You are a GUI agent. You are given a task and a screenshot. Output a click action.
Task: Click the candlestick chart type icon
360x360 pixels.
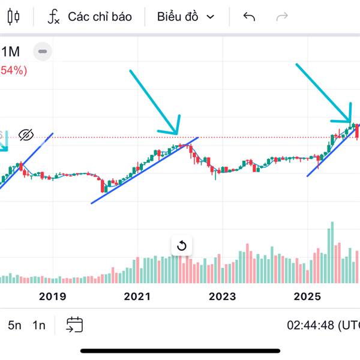[x=14, y=17]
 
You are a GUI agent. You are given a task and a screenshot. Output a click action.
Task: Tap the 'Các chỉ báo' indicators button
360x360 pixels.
[x=90, y=17]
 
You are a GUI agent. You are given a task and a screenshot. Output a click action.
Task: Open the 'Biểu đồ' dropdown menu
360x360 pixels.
[x=185, y=17]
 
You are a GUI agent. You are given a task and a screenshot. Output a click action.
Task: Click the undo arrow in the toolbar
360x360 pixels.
[x=249, y=17]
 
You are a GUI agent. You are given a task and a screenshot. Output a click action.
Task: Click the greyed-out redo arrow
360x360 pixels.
[x=281, y=17]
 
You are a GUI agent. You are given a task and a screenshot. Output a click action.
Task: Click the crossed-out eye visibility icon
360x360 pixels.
[x=25, y=134]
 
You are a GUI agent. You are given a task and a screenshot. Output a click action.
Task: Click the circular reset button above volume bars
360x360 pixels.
[x=181, y=245]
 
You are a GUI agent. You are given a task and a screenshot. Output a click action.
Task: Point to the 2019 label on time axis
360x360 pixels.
[x=52, y=296]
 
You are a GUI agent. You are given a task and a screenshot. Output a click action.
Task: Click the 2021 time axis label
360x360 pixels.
[x=137, y=296]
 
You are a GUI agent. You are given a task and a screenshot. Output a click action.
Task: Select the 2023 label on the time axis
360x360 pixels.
[x=222, y=296]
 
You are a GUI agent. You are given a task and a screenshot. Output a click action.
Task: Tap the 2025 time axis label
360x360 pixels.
[x=308, y=296]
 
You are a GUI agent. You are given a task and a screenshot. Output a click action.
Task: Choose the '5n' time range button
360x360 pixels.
[x=14, y=325]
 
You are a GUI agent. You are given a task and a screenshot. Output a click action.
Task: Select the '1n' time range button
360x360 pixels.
[x=39, y=325]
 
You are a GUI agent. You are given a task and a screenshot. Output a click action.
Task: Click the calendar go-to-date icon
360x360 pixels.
[x=74, y=325]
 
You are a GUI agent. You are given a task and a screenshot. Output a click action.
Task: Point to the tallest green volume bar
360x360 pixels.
[x=330, y=252]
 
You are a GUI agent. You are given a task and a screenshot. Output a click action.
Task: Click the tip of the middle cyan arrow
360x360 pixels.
[x=177, y=133]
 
